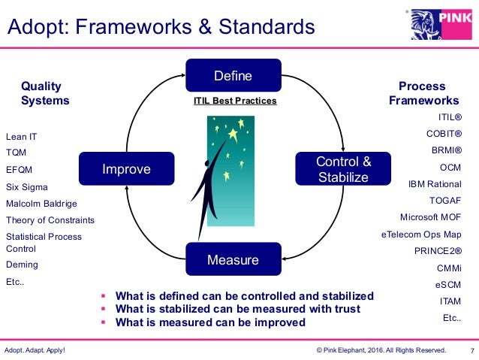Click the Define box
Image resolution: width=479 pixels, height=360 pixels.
(x=233, y=76)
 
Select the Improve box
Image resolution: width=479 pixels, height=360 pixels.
(x=127, y=169)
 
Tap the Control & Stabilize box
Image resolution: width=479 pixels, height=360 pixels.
(x=342, y=169)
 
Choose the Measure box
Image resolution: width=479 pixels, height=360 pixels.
(x=233, y=260)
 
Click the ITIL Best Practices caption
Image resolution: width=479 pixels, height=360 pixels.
(x=235, y=101)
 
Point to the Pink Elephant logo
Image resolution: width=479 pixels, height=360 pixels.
(x=442, y=23)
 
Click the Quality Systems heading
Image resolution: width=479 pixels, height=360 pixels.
(x=45, y=93)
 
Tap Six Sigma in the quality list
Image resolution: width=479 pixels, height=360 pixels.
(x=26, y=186)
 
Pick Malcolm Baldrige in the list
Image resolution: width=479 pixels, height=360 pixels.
(x=41, y=204)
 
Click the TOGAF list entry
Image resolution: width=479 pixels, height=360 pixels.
(x=444, y=200)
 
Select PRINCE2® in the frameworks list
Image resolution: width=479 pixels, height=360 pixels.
(x=438, y=250)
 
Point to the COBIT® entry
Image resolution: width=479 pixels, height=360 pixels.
(x=443, y=134)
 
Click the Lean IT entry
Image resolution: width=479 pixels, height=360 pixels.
(x=21, y=137)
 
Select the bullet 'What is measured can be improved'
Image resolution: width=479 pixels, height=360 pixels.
(x=210, y=322)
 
